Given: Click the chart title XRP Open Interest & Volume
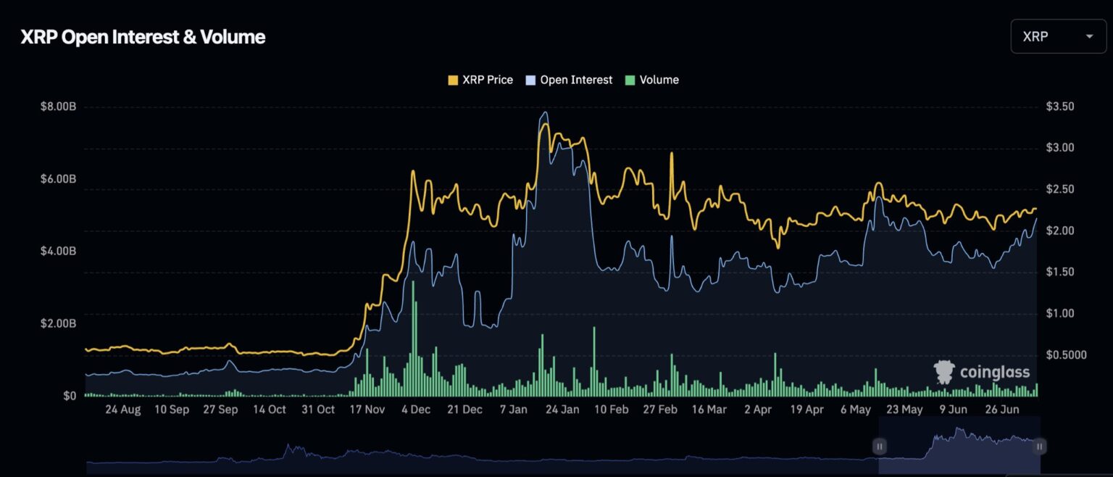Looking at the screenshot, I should coord(143,38).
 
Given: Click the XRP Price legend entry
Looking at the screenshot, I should coord(480,80).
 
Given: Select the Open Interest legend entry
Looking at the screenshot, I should coord(569,80).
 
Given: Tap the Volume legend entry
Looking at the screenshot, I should coord(651,80).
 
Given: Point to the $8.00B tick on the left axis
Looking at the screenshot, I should coord(59,107).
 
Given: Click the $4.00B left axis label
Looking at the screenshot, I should coord(59,252).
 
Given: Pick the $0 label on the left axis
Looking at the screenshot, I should coord(69,397).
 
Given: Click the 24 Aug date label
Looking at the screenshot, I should coord(122,410).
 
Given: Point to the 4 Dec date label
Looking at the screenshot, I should coord(415,410).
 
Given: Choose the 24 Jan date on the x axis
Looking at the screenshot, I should coord(562,410).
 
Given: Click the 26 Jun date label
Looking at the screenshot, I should coord(1002,410).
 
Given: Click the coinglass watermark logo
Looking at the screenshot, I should coord(983,373).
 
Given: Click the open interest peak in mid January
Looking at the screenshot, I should coord(544,112).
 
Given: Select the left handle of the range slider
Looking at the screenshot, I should coord(879,447).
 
